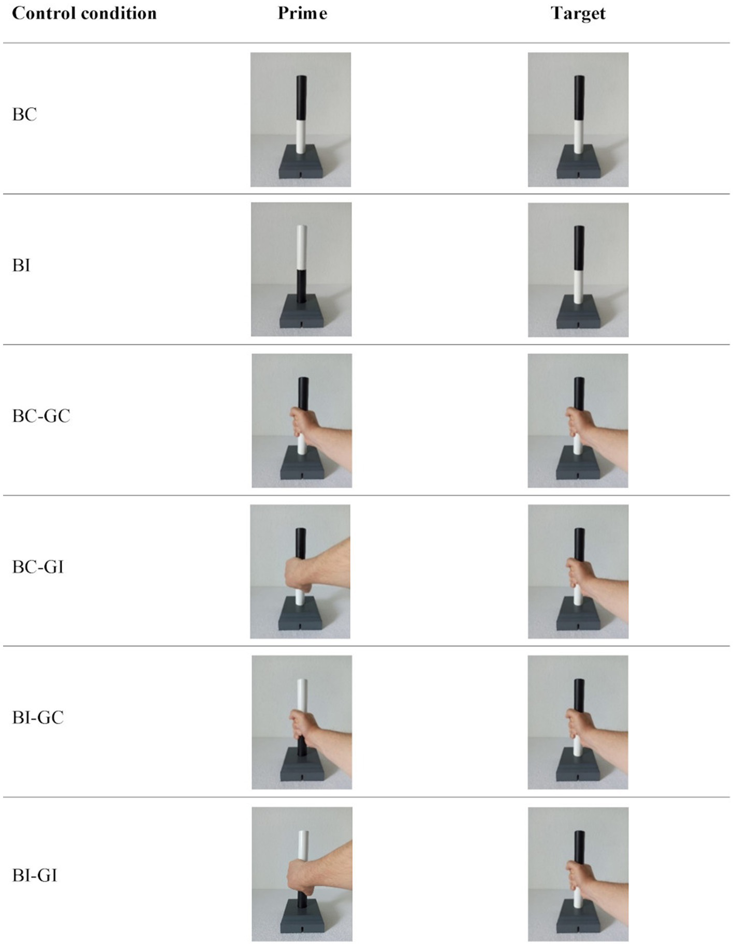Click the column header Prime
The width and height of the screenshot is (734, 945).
tap(302, 13)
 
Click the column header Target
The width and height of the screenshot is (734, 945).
tap(578, 13)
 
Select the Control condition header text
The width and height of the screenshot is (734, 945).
tap(84, 13)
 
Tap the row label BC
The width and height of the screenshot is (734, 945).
tap(24, 114)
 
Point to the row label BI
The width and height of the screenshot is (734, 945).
tap(21, 265)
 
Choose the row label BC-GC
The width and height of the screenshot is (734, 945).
tap(41, 416)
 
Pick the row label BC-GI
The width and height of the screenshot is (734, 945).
tap(38, 567)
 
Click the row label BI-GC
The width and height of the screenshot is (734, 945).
tap(38, 718)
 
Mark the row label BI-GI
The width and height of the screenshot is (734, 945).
tap(34, 876)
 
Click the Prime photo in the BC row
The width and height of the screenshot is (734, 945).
tap(301, 119)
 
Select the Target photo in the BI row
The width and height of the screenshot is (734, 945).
tap(578, 270)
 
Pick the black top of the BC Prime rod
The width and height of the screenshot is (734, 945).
tap(301, 98)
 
